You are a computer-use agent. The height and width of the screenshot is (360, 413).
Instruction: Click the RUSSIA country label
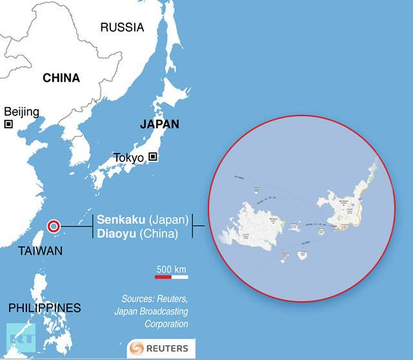pyautogui.click(x=123, y=26)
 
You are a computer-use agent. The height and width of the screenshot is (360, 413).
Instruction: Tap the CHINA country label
pyautogui.click(x=61, y=78)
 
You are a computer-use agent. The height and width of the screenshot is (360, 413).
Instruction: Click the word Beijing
pyautogui.click(x=21, y=112)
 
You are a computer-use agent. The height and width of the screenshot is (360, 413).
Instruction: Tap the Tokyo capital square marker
pyautogui.click(x=153, y=156)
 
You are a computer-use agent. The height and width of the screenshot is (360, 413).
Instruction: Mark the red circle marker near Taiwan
pyautogui.click(x=54, y=226)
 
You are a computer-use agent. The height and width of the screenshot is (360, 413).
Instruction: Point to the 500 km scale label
pyautogui.click(x=171, y=268)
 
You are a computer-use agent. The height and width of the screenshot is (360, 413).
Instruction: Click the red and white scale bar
pyautogui.click(x=171, y=277)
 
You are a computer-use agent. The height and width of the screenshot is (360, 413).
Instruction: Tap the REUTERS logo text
pyautogui.click(x=166, y=348)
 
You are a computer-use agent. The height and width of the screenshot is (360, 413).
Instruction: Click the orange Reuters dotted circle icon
pyautogui.click(x=137, y=348)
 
